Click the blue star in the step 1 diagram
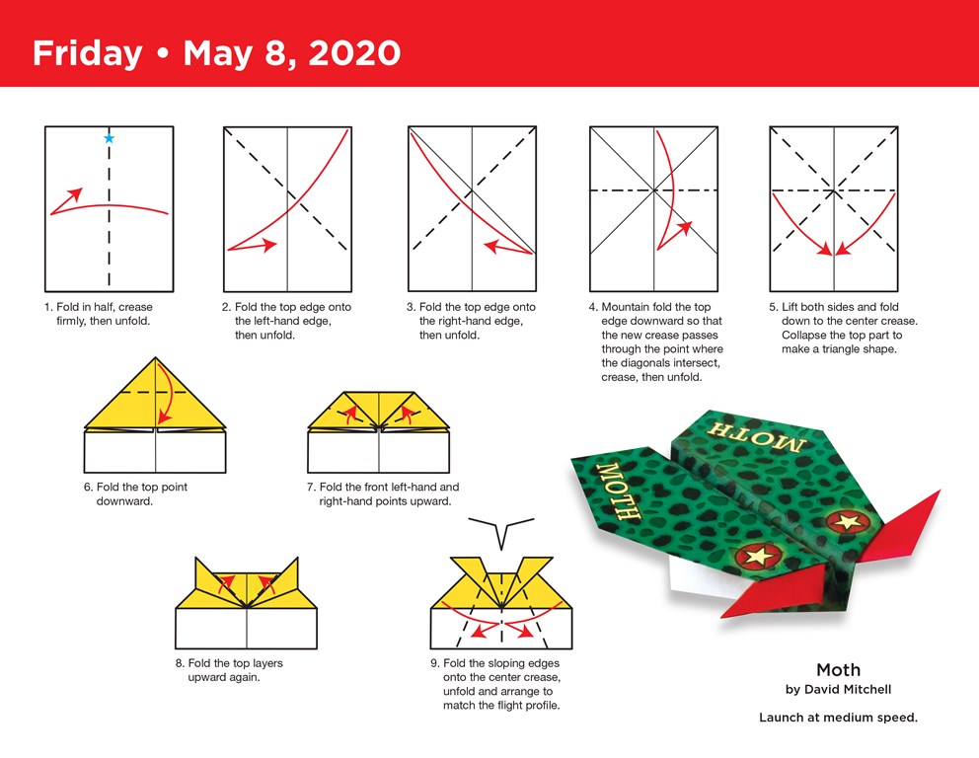coord(110,138)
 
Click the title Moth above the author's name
coord(838,670)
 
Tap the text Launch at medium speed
coord(838,718)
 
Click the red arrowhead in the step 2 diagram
coord(269,244)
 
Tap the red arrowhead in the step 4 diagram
coord(682,229)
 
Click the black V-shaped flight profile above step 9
coord(501,529)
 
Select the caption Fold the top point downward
coord(135,493)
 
